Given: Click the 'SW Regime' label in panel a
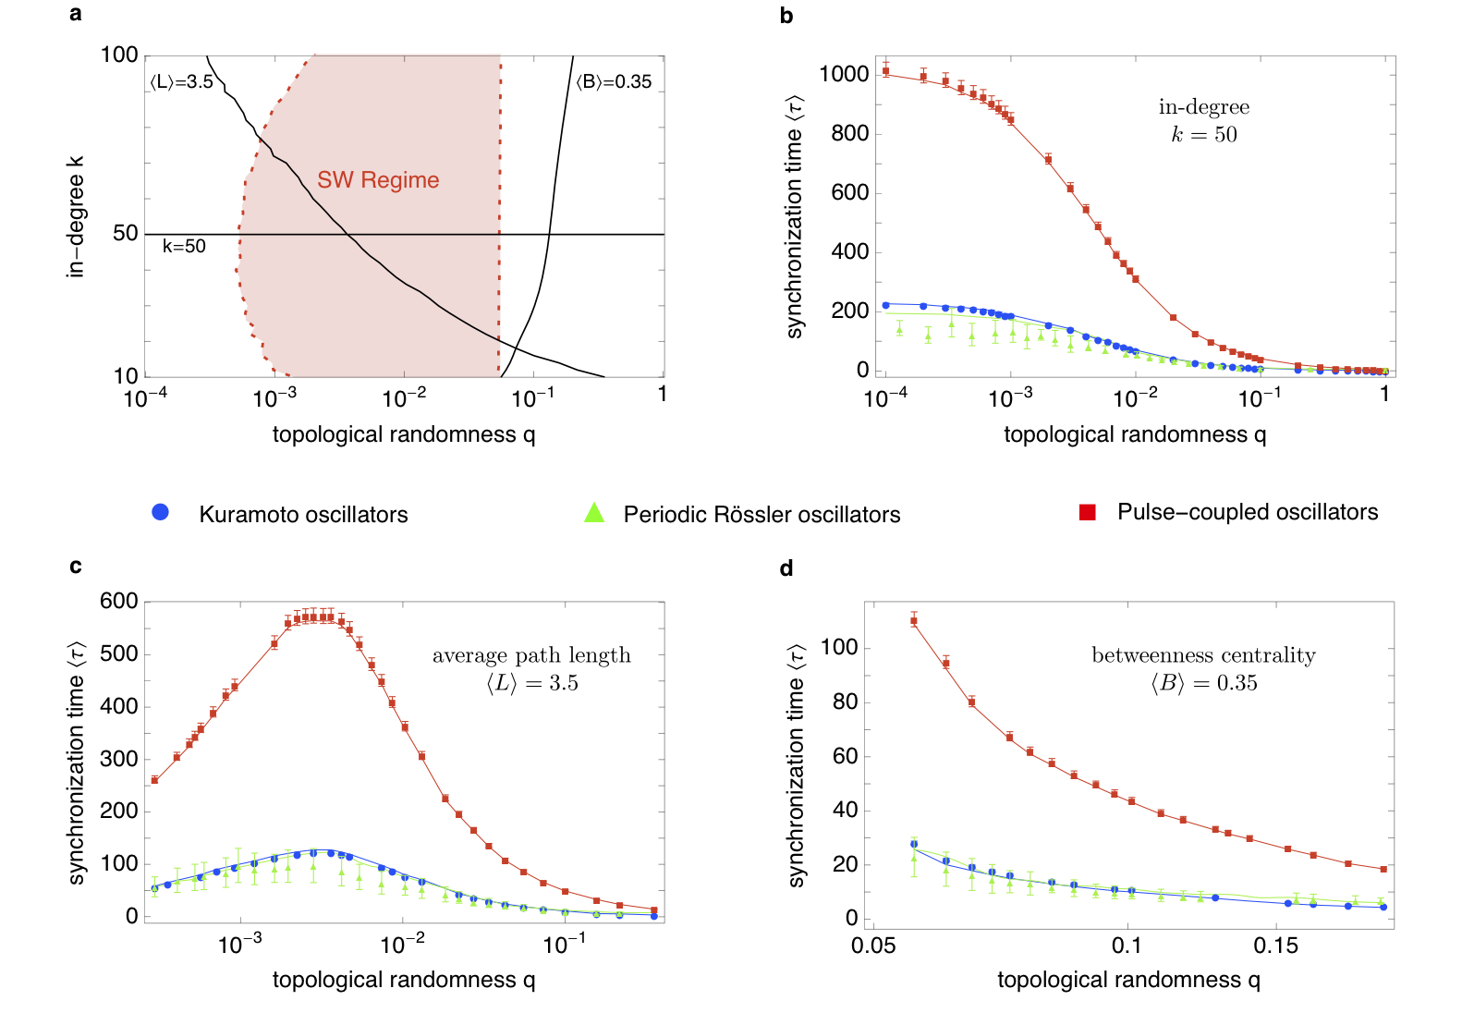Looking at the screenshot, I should (x=378, y=180).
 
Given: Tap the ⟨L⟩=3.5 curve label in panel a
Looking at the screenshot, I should (x=181, y=82).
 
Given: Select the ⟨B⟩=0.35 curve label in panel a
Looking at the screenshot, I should (x=614, y=82).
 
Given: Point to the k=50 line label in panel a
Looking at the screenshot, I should (x=184, y=247).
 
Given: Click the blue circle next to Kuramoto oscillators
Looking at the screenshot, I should (x=161, y=512).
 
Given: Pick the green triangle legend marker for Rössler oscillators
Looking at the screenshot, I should (x=594, y=512).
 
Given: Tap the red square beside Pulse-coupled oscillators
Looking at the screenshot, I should (x=1088, y=512).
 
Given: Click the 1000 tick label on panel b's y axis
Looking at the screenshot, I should (x=844, y=74).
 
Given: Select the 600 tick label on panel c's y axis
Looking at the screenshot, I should (x=119, y=602).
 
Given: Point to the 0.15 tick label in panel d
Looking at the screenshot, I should (x=1275, y=946).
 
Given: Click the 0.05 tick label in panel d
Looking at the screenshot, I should (x=873, y=946).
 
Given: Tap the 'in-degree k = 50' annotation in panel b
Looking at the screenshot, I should (x=1203, y=121).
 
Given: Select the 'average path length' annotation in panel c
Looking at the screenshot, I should (x=531, y=656).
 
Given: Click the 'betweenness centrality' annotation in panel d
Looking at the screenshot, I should (x=1203, y=656).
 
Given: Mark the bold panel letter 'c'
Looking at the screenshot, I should (x=76, y=567).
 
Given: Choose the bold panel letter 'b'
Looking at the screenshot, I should (x=786, y=16).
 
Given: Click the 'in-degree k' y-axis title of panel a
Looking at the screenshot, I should (x=76, y=216).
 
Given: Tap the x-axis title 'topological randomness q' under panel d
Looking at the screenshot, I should (x=1128, y=981).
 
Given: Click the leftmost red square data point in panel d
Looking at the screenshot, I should (x=914, y=621).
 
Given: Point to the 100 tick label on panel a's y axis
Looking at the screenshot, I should (x=119, y=55).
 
